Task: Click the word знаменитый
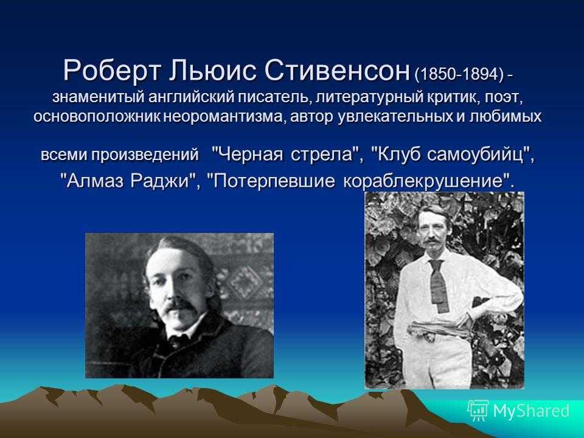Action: point(98,97)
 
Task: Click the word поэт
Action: point(499,98)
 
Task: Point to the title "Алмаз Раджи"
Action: point(129,181)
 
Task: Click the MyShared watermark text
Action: point(531,411)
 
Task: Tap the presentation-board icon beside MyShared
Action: point(478,411)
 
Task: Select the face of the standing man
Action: point(430,231)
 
